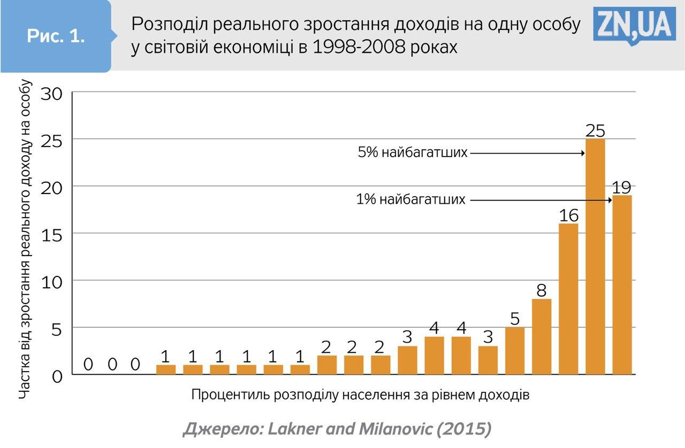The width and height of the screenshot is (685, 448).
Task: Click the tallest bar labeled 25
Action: (x=595, y=257)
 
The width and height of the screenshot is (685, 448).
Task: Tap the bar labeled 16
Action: (x=568, y=299)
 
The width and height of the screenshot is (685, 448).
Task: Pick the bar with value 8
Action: (x=542, y=337)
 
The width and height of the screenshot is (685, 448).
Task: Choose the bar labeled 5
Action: (x=515, y=351)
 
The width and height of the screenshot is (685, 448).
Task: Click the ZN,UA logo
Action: (x=634, y=24)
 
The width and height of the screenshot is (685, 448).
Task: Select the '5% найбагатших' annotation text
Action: (x=412, y=153)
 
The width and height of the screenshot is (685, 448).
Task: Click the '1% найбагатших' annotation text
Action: (x=411, y=200)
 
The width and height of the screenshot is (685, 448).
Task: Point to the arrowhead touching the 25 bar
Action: (x=583, y=153)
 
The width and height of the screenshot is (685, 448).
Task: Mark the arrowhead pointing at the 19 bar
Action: (x=610, y=200)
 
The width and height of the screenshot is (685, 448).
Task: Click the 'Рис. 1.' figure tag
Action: (x=56, y=36)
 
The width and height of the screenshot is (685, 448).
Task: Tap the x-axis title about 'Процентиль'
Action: (x=360, y=395)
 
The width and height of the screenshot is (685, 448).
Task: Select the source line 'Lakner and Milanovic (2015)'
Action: (x=337, y=429)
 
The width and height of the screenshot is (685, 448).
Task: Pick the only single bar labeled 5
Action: (x=515, y=351)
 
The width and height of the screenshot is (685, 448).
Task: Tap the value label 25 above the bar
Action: (x=595, y=130)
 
